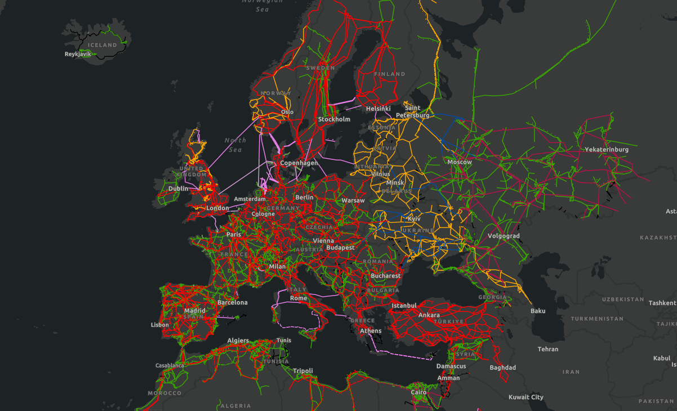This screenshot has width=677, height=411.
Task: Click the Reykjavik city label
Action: [78, 54]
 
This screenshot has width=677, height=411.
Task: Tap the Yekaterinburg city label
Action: [607, 149]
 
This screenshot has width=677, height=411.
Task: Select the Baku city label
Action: [538, 311]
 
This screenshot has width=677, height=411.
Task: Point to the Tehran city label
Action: [547, 349]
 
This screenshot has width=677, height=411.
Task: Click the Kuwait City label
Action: [525, 397]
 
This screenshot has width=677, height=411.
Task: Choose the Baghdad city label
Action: [502, 368]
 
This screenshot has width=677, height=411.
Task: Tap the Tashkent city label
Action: [662, 302]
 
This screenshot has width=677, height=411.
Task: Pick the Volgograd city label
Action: [504, 236]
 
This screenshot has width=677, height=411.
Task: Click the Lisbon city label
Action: [159, 325]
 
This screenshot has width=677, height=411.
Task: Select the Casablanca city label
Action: [170, 365]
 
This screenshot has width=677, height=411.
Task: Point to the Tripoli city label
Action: [302, 370]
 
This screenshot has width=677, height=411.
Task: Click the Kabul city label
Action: [661, 358]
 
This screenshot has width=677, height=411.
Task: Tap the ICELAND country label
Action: [103, 45]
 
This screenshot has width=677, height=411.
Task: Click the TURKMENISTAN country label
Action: [596, 319]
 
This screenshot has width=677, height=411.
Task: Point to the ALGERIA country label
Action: [235, 405]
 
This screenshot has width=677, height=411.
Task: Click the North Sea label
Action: [235, 145]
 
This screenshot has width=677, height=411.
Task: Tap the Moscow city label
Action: [459, 162]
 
